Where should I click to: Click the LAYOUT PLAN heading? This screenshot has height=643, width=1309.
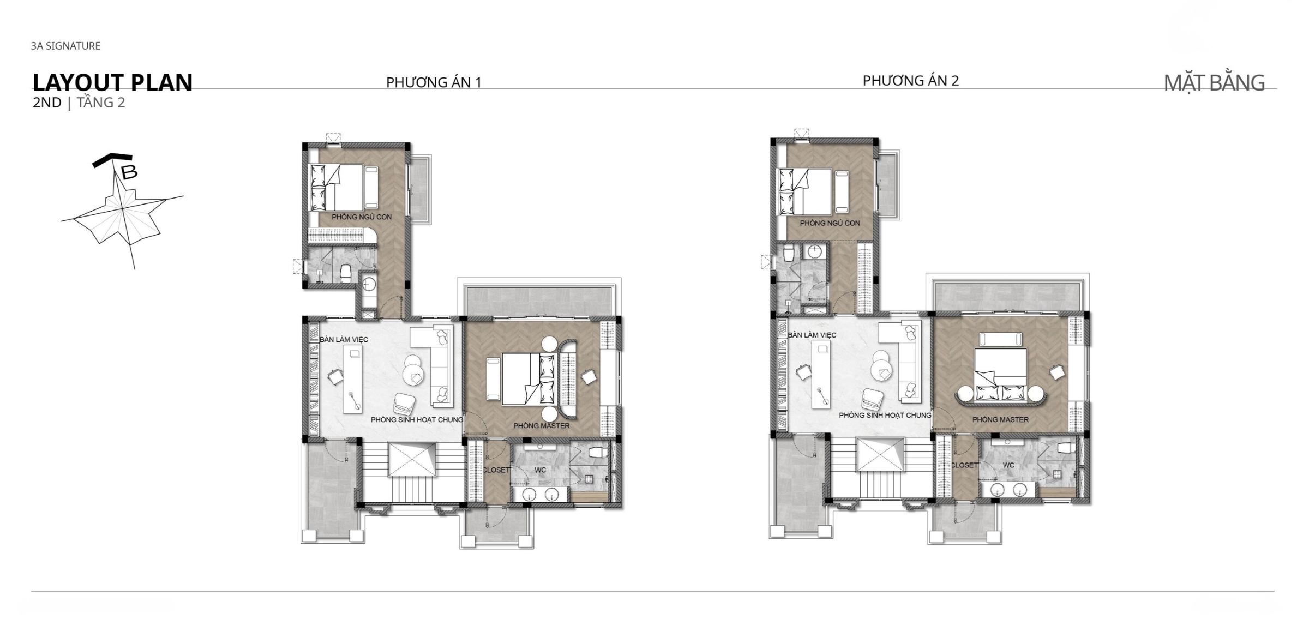112,83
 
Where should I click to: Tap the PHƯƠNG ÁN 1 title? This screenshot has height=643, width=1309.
434,82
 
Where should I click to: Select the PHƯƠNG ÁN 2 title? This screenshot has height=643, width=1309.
910,81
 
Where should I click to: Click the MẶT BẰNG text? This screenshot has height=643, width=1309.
1214,83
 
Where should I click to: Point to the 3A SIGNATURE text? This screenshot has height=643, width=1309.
65,46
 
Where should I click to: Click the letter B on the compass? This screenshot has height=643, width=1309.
129,172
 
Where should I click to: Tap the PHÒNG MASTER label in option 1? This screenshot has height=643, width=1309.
541,426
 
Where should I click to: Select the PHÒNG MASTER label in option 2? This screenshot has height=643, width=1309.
1000,420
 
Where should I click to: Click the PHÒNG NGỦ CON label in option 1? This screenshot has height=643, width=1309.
362,217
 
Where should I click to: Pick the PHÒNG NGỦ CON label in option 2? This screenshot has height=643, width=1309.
830,223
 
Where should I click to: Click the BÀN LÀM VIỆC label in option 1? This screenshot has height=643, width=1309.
344,340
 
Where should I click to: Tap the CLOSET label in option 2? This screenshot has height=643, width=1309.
964,465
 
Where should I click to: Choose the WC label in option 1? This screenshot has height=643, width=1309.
540,470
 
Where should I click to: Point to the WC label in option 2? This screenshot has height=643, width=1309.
1008,465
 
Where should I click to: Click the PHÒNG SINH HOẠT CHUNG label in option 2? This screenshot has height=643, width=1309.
885,416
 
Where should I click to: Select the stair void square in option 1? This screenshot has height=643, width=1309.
412,459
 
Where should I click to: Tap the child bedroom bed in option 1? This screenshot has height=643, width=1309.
337,187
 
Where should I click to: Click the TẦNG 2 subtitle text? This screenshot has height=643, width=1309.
101,103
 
